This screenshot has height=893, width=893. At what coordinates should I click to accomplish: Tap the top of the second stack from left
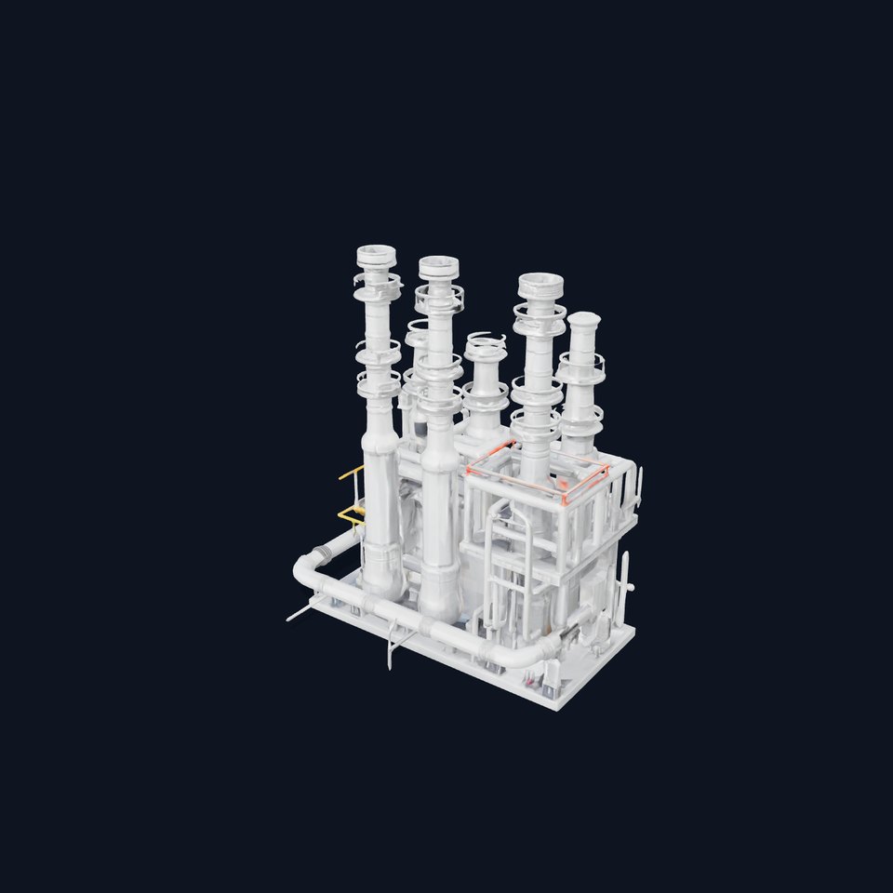click(x=438, y=266)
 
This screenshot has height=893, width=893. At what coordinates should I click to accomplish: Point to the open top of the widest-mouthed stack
click(x=540, y=282)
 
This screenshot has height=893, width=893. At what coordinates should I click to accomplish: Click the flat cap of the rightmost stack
click(x=583, y=320)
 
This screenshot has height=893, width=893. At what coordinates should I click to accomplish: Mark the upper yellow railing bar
click(x=351, y=473)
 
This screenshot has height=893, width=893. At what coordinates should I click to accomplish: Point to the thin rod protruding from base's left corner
click(x=296, y=615)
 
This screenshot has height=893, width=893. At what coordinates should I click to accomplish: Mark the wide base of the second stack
click(x=440, y=600)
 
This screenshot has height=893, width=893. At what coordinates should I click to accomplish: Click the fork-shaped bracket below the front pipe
click(x=393, y=646)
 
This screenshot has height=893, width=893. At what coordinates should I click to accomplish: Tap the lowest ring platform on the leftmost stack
click(x=379, y=381)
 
